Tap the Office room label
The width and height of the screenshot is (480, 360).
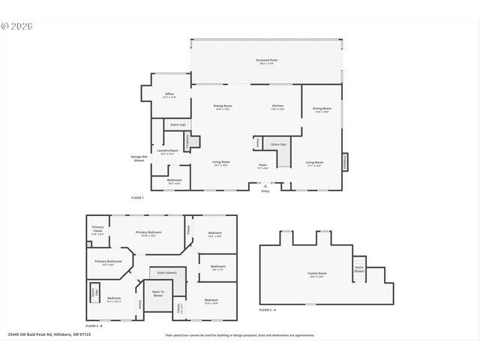tap(169, 95)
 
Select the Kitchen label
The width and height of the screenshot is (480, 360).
tap(277, 107)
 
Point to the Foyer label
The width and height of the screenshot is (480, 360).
tap(262, 166)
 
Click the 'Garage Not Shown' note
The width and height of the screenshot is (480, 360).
tap(138, 158)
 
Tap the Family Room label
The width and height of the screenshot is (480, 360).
tap(316, 274)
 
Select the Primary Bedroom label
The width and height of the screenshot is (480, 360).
tap(148, 233)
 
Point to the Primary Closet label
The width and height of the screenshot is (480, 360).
tap(98, 229)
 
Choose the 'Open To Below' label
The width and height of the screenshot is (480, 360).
tap(157, 294)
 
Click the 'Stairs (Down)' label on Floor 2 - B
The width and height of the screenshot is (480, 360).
tap(166, 272)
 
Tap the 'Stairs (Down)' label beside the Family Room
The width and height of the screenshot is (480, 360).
tap(358, 269)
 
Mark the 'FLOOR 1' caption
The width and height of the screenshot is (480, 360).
tap(137, 197)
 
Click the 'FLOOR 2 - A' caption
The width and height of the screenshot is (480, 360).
tap(268, 310)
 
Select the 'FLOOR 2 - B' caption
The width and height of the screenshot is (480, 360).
tap(94, 326)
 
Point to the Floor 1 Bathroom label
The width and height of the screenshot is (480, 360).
tap(174, 181)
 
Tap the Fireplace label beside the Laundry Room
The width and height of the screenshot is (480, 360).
tap(187, 140)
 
